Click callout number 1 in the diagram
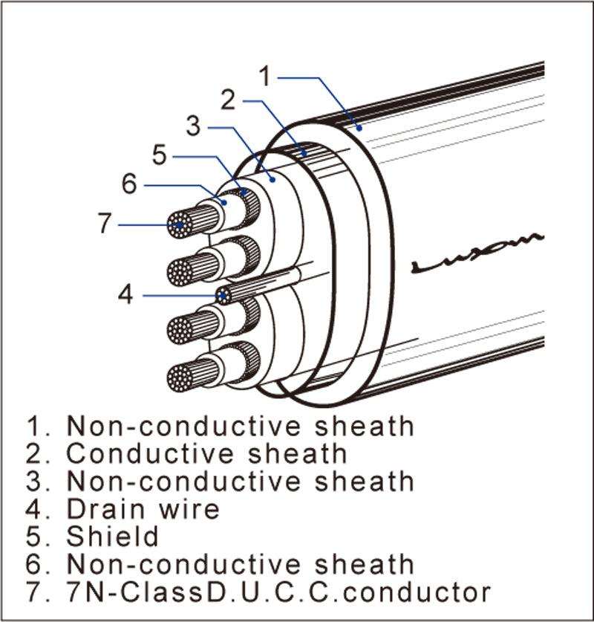267,76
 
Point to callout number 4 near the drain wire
126,295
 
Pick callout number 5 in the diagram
160,155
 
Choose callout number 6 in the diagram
130,184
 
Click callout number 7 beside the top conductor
105,224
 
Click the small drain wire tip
223,296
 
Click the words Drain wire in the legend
143,509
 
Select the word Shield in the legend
113,536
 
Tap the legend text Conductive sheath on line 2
206,454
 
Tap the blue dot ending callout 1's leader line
359,128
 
